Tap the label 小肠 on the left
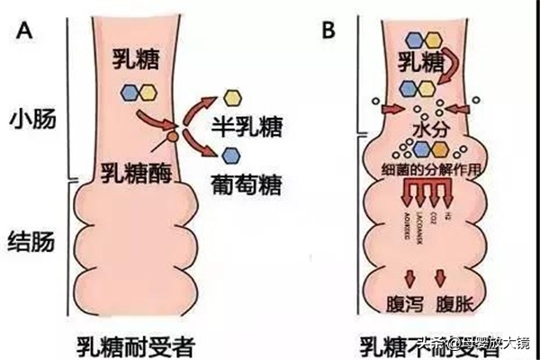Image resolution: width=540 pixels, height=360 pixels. pyautogui.click(x=33, y=120)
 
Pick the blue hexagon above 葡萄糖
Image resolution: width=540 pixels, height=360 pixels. pyautogui.click(x=231, y=155)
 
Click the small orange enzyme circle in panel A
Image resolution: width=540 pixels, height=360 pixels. pyautogui.click(x=171, y=137)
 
